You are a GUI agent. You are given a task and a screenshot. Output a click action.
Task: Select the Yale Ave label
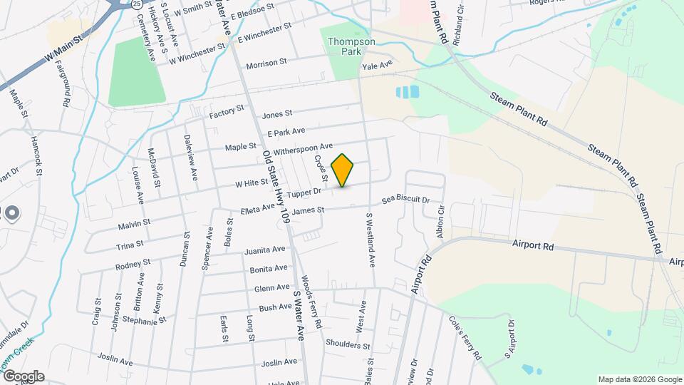[378, 66]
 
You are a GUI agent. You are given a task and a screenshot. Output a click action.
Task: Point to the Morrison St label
[266, 64]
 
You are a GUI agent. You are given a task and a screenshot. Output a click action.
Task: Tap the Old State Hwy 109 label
[276, 188]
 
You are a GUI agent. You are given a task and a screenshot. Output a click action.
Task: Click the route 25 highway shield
[137, 4]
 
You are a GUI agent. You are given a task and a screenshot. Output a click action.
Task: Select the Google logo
[23, 376]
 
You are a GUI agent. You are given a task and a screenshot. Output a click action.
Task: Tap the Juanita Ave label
[264, 250]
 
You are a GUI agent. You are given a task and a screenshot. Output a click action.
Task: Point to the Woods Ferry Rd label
[311, 302]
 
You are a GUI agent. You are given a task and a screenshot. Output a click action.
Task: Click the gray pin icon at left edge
[11, 212]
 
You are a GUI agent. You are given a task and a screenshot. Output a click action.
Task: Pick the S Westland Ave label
[370, 240]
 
